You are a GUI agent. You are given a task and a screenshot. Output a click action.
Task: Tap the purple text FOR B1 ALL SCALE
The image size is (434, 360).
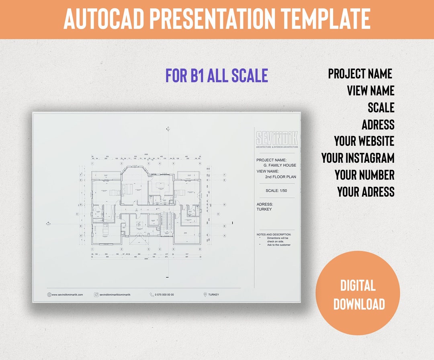pyautogui.click(x=217, y=76)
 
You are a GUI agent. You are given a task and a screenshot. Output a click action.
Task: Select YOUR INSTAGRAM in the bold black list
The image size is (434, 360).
pyautogui.click(x=358, y=158)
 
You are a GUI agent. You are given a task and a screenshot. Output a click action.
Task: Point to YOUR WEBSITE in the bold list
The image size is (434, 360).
pyautogui.click(x=364, y=141)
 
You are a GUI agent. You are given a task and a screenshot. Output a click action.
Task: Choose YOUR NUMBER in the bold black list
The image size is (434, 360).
pyautogui.click(x=364, y=175)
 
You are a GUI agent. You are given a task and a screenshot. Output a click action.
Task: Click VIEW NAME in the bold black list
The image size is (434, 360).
pyautogui.click(x=371, y=90)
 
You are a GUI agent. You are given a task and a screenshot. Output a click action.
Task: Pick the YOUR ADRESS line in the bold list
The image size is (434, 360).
pyautogui.click(x=366, y=192)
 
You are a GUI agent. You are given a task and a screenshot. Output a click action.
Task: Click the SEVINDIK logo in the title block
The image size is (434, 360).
pyautogui.click(x=277, y=139)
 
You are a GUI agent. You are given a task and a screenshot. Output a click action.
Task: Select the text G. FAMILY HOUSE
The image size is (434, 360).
pyautogui.click(x=280, y=165)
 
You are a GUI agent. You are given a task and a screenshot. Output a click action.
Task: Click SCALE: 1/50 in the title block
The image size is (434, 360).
pyautogui.click(x=276, y=190)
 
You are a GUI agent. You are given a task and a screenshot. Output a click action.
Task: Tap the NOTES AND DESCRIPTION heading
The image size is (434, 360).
pyautogui.click(x=274, y=234)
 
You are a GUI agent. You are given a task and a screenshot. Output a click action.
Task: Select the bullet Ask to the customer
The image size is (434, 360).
pyautogui.click(x=278, y=245)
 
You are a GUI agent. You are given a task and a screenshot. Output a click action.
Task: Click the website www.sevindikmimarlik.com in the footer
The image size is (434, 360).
pyautogui.click(x=67, y=295)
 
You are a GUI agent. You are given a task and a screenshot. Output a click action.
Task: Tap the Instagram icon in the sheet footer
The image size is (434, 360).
pyautogui.click(x=96, y=295)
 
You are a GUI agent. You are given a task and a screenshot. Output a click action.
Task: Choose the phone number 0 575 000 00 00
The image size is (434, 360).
pyautogui.click(x=164, y=295)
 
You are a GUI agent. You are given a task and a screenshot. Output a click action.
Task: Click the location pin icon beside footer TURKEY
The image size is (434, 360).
pyautogui.click(x=205, y=295)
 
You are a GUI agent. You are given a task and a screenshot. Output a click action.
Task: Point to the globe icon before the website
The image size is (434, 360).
pyautogui.click(x=49, y=295)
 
